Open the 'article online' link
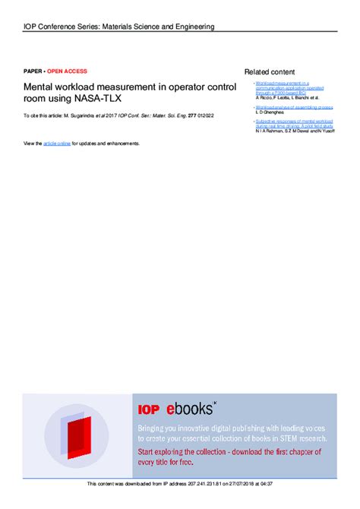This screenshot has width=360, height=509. click(57, 143)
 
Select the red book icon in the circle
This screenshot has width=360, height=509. click(74, 428)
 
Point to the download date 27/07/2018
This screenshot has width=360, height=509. click(242, 484)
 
